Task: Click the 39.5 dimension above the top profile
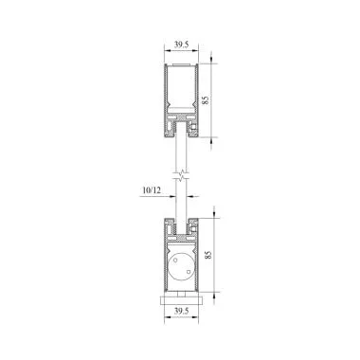(x=181, y=45)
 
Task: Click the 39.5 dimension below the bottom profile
(x=181, y=311)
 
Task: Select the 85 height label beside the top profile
(x=206, y=100)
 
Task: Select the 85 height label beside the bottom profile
(x=207, y=255)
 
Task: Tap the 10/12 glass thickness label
(x=152, y=190)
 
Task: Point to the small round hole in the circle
(x=175, y=261)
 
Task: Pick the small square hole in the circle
(x=188, y=272)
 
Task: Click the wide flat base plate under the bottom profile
(x=181, y=300)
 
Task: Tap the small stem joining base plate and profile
(x=181, y=294)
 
